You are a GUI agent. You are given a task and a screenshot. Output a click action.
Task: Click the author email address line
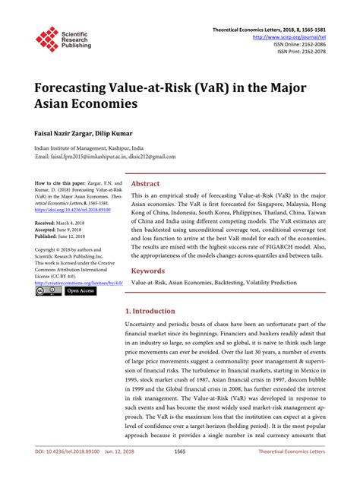(x=106, y=157)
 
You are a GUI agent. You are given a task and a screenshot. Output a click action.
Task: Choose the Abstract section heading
(x=146, y=184)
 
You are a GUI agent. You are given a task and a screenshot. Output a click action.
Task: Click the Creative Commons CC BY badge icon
(x=48, y=290)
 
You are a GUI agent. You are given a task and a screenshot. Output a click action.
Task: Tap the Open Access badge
(x=81, y=290)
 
